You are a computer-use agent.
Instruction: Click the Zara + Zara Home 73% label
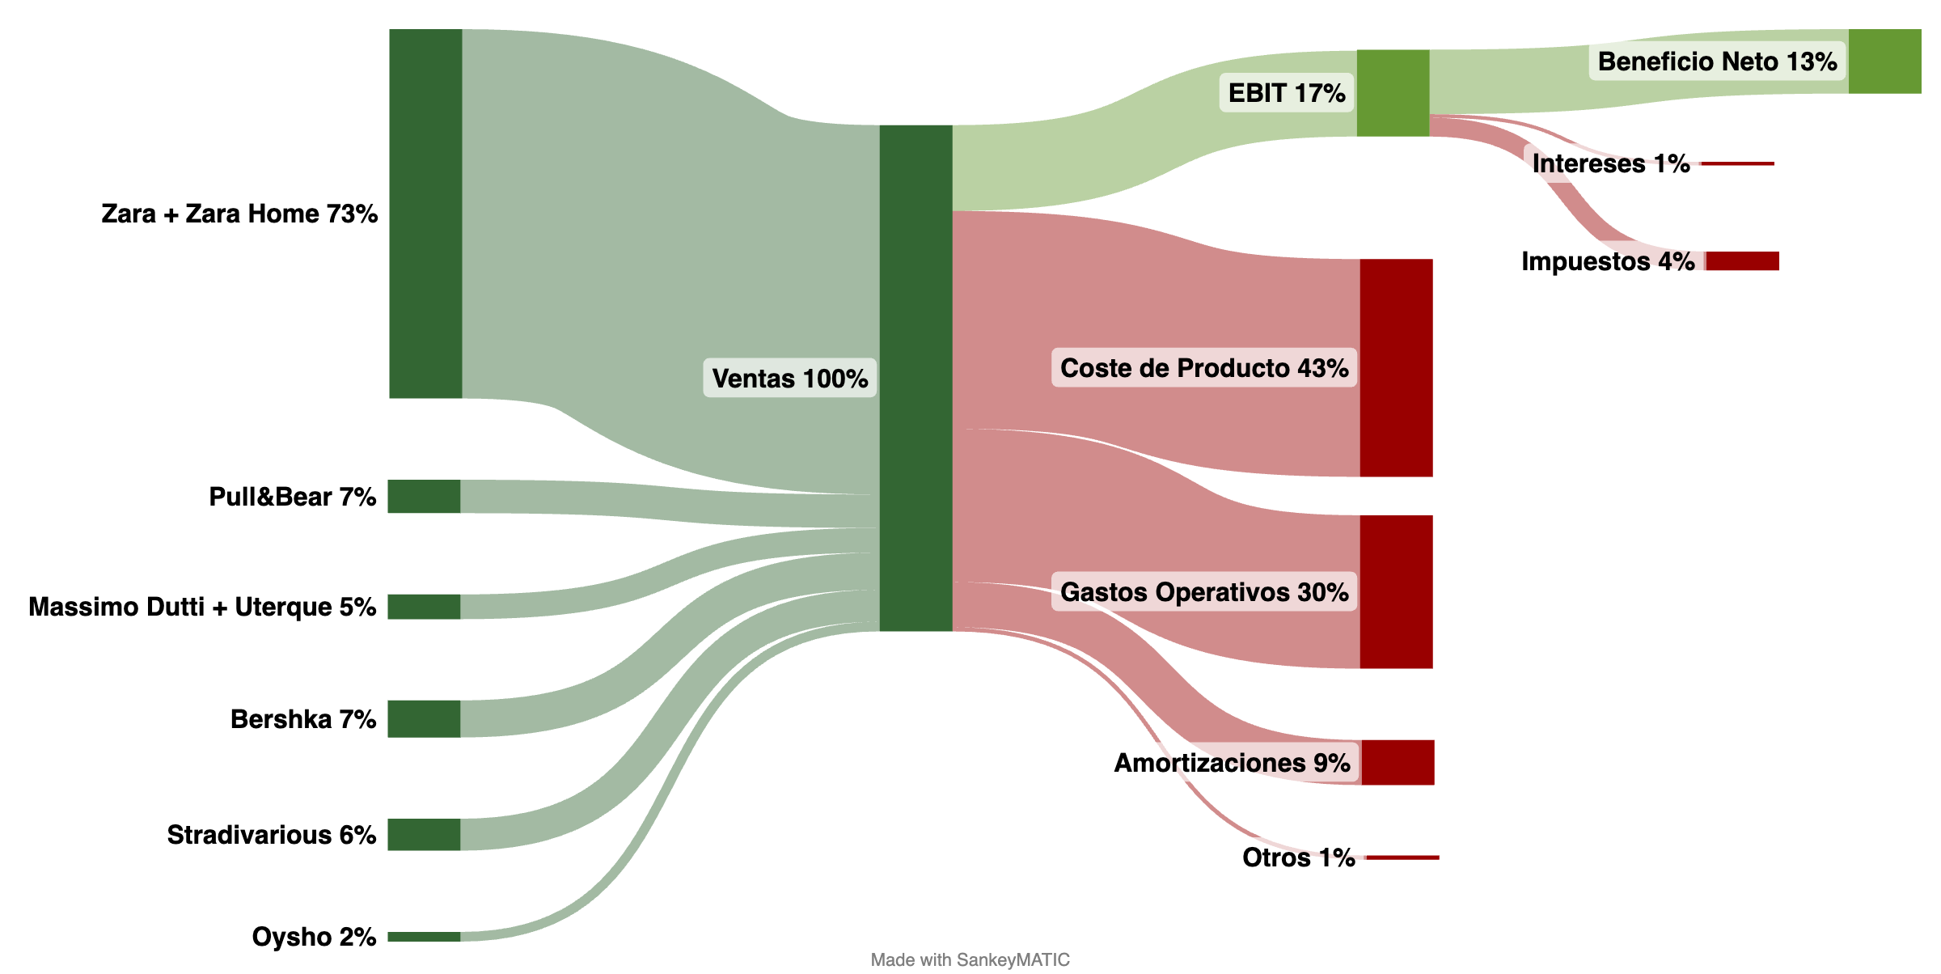pyautogui.click(x=239, y=214)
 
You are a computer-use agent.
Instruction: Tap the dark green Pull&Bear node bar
pyautogui.click(x=424, y=496)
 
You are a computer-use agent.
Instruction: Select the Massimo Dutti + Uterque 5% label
pyautogui.click(x=202, y=607)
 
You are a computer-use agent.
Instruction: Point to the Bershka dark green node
pyautogui.click(x=424, y=718)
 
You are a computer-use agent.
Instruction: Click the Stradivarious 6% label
pyautogui.click(x=271, y=834)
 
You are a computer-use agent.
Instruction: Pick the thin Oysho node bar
pyautogui.click(x=424, y=937)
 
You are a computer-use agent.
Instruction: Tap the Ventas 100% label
pyautogui.click(x=789, y=378)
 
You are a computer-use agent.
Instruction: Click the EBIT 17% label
pyautogui.click(x=1286, y=93)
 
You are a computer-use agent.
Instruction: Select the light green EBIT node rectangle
pyautogui.click(x=1393, y=93)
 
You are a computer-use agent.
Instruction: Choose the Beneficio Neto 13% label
pyautogui.click(x=1717, y=61)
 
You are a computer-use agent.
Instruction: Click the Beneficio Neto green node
pyautogui.click(x=1884, y=61)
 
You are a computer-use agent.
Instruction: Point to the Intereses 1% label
pyautogui.click(x=1610, y=163)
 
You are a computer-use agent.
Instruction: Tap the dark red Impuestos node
pyautogui.click(x=1742, y=260)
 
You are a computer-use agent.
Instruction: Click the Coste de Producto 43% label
pyautogui.click(x=1203, y=368)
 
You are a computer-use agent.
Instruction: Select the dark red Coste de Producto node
pyautogui.click(x=1396, y=368)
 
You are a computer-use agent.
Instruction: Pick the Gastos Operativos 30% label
pyautogui.click(x=1203, y=592)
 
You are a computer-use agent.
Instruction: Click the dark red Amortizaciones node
pyautogui.click(x=1398, y=762)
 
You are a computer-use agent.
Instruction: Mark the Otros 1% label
pyautogui.click(x=1298, y=858)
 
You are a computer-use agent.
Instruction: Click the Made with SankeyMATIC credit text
pyautogui.click(x=970, y=959)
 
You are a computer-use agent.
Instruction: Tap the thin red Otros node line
pyautogui.click(x=1402, y=858)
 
